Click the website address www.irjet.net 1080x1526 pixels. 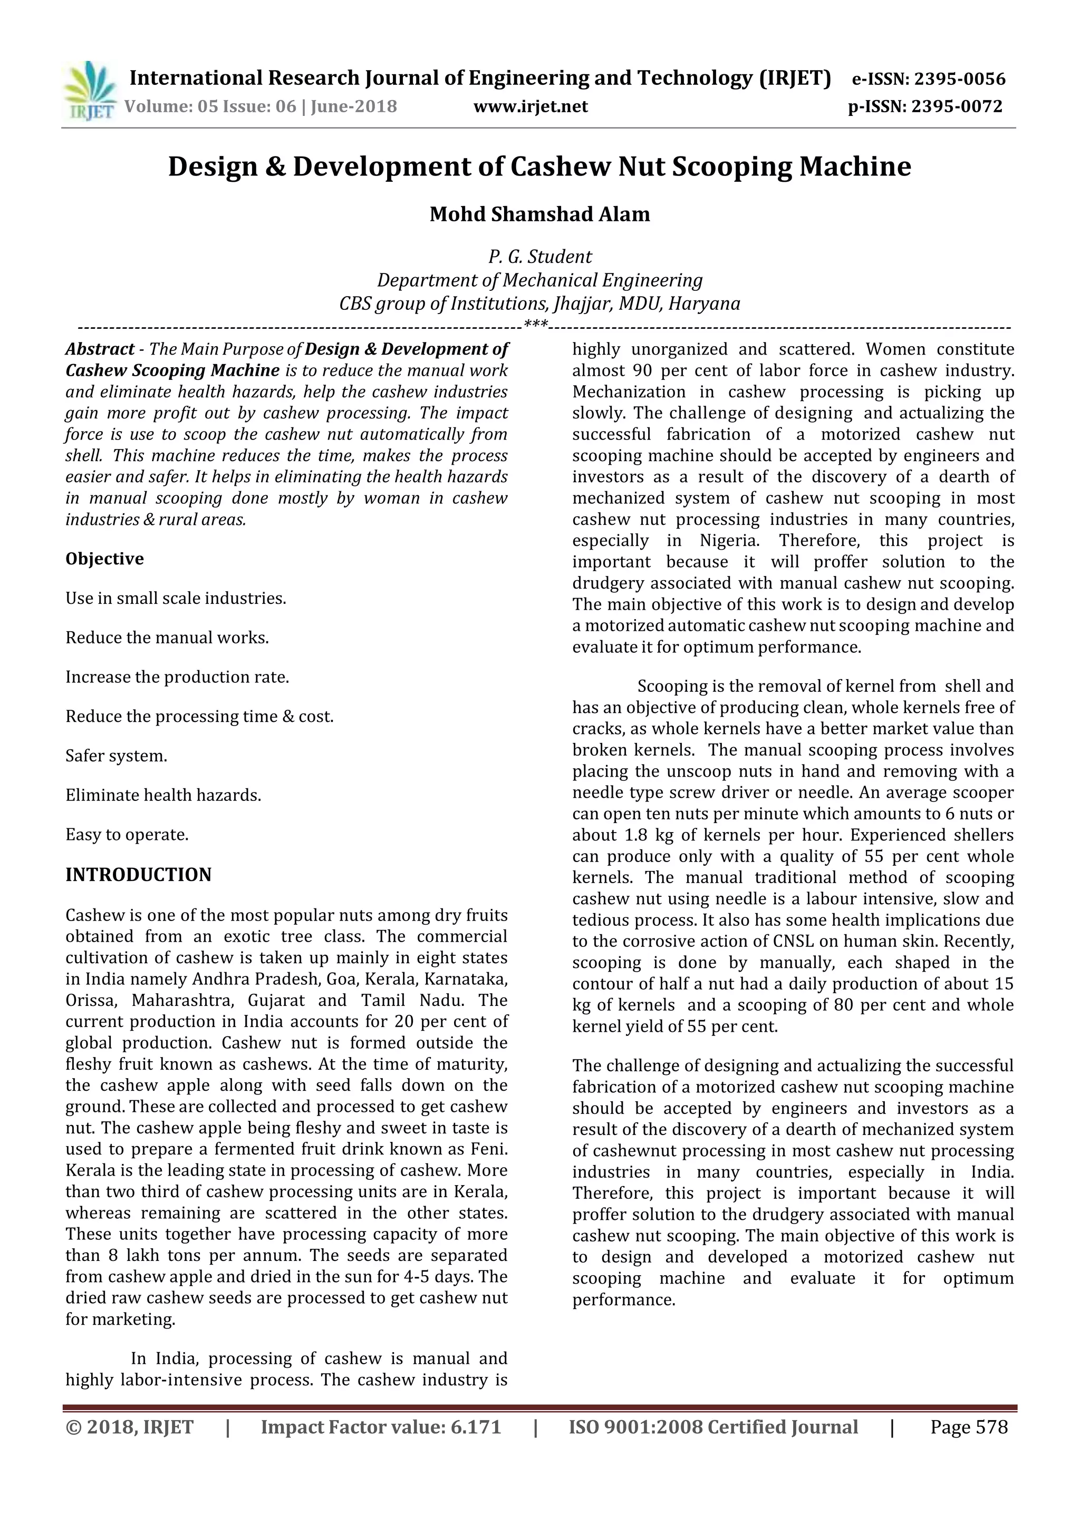pos(530,106)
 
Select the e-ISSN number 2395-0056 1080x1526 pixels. pos(960,79)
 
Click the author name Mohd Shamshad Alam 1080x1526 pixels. pos(539,214)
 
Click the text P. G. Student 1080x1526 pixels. pos(539,257)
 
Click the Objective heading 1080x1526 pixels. pos(104,559)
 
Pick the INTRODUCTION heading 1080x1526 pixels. pos(138,875)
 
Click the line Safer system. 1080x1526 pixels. pos(117,756)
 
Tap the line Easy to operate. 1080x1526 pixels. pos(127,835)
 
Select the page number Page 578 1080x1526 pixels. pos(968,1427)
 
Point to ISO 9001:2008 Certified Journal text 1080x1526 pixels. pos(713,1427)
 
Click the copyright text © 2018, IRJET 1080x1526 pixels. pos(130,1427)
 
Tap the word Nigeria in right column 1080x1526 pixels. pos(728,540)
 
